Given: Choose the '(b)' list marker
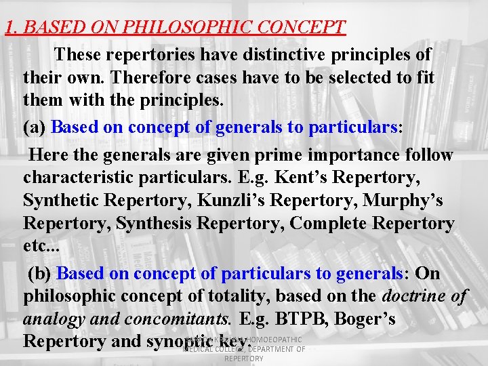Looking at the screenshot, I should click(x=40, y=273).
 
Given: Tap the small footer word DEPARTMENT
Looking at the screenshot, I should click(x=277, y=349).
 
